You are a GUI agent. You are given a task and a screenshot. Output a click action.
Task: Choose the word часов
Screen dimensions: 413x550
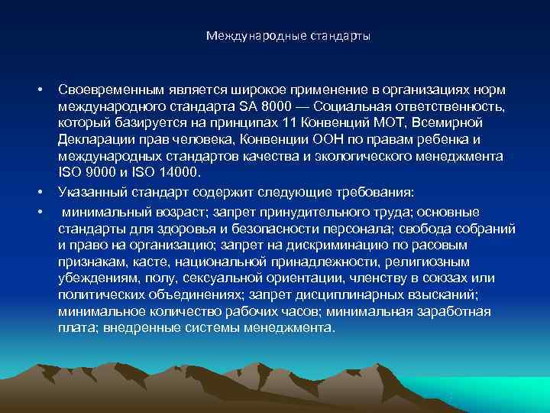298,311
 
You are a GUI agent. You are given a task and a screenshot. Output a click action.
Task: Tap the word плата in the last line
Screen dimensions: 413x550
76,327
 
